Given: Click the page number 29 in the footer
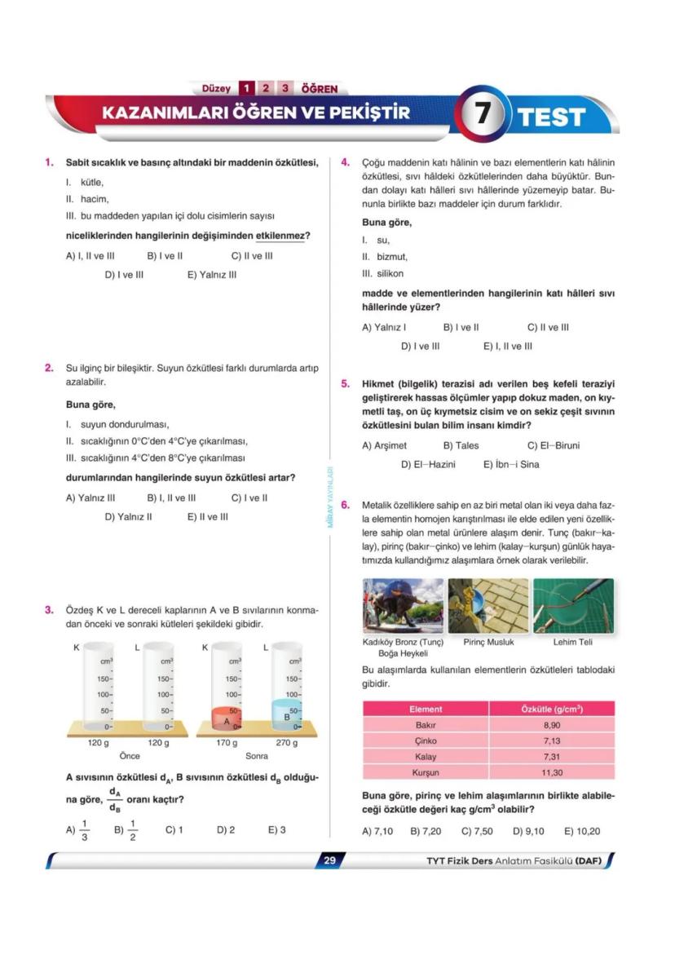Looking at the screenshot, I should [x=329, y=861].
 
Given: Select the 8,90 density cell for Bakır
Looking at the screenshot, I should [x=552, y=725].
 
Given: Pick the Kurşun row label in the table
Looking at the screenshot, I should [x=426, y=772].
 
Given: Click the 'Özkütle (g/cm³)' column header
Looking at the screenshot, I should [x=552, y=709].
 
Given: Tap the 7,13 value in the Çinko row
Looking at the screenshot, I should [x=552, y=741].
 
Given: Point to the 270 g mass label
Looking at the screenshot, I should [x=286, y=743].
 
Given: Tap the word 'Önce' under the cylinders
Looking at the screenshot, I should [x=130, y=756].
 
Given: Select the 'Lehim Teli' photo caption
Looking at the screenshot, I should [x=572, y=642].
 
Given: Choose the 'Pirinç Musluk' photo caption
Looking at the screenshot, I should [x=488, y=642].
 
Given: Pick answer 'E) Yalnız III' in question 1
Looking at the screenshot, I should [x=212, y=275].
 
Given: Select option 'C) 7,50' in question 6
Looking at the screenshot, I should [x=477, y=832].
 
